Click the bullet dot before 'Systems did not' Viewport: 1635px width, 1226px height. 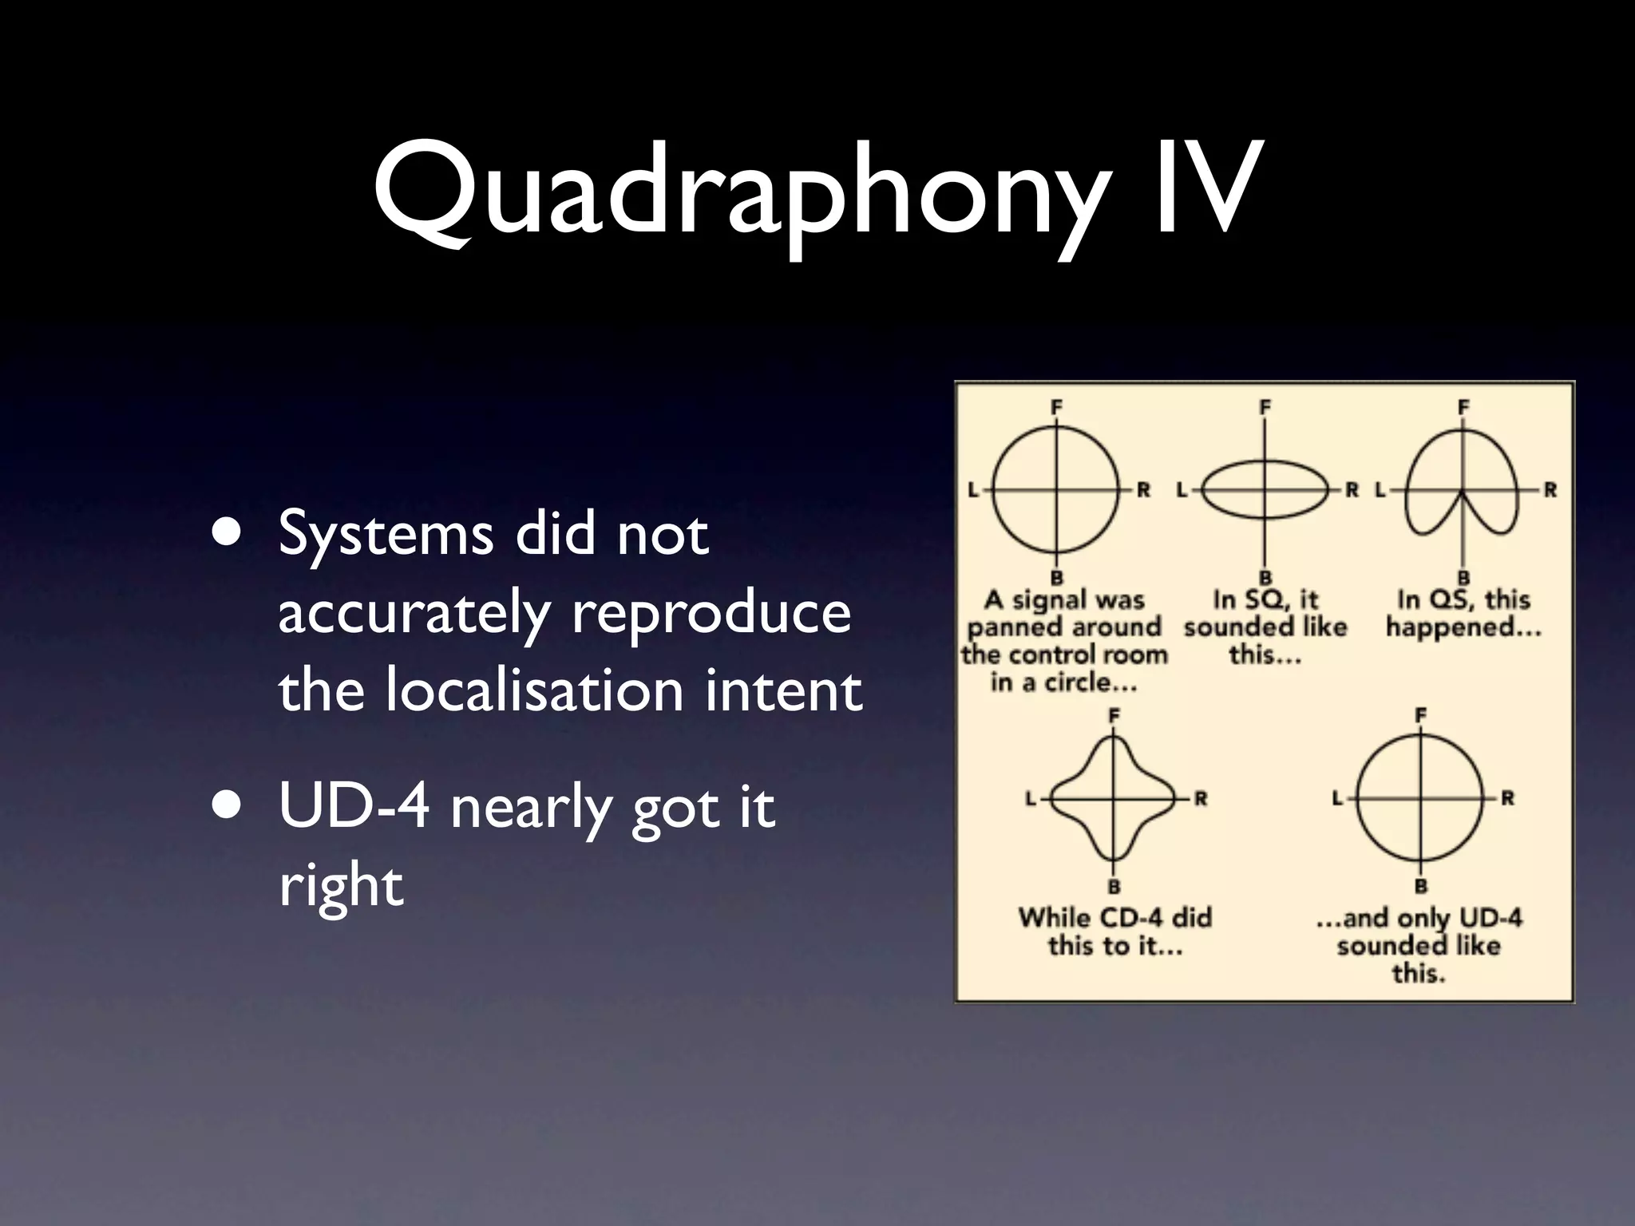[x=231, y=534]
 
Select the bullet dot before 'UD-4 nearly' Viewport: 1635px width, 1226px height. [x=231, y=806]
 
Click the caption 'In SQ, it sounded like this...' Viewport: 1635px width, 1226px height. [x=1265, y=627]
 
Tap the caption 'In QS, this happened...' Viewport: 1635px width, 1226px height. [x=1463, y=614]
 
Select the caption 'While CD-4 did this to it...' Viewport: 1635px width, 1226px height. [x=1114, y=931]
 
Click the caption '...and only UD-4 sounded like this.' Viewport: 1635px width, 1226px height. [x=1419, y=945]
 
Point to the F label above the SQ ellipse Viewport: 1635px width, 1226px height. [x=1265, y=408]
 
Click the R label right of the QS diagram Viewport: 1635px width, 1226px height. [x=1550, y=490]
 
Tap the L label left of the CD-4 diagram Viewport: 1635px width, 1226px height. [x=1031, y=798]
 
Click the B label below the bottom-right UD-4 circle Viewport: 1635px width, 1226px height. [x=1420, y=886]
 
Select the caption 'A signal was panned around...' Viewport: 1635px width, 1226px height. [x=1064, y=641]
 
